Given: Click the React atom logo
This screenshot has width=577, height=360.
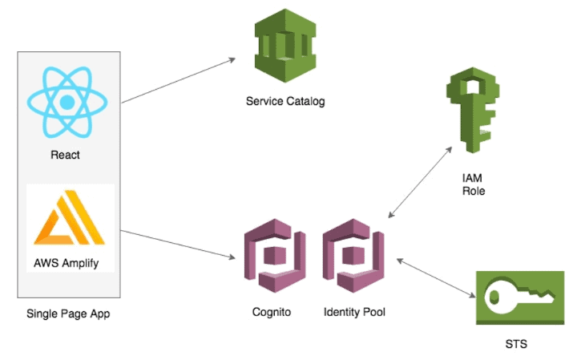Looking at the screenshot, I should (x=67, y=101).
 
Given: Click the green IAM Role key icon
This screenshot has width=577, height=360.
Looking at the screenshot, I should (x=468, y=111).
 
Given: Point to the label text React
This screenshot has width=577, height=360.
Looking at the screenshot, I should (x=66, y=154).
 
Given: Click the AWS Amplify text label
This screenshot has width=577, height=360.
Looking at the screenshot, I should (x=67, y=263).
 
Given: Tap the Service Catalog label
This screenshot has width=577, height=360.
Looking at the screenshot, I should (x=286, y=102).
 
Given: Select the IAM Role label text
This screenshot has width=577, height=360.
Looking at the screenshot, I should (x=474, y=184).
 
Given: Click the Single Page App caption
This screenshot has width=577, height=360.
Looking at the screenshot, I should (x=68, y=313).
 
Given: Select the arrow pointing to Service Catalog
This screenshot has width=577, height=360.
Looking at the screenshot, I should (x=178, y=80).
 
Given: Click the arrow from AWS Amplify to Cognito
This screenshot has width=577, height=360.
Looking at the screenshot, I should (x=178, y=245).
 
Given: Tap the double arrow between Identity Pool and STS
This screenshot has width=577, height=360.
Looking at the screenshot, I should (x=433, y=277).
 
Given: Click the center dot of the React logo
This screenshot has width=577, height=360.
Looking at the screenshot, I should (x=67, y=102).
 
